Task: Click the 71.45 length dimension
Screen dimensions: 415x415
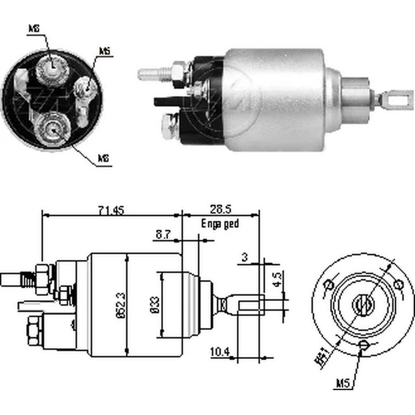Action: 110,210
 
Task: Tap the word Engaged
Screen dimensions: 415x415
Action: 220,224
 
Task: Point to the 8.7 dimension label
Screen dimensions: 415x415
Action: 162,235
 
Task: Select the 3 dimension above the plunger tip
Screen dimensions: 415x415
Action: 244,257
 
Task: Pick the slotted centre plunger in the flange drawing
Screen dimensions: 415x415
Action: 363,305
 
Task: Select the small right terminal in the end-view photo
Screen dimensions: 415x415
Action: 87,88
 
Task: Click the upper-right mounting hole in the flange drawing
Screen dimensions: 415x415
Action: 398,285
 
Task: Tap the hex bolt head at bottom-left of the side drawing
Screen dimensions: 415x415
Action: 35,331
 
